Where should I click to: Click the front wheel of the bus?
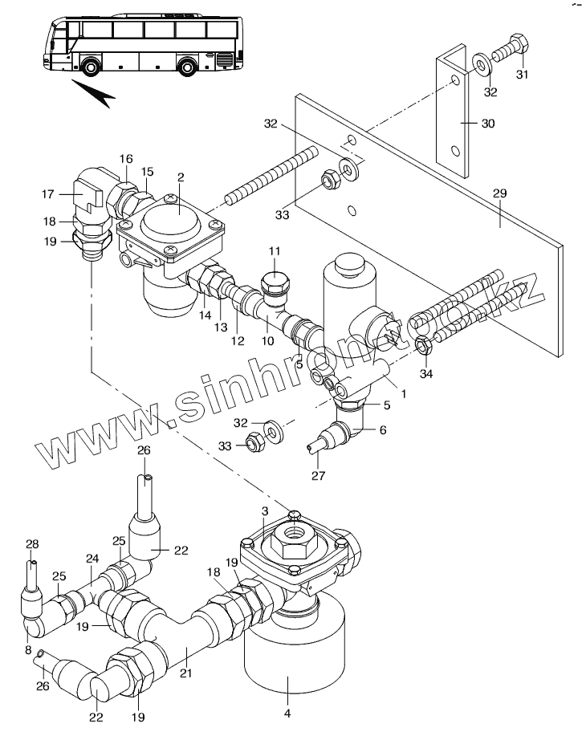(91, 66)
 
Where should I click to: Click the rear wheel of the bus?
(187, 66)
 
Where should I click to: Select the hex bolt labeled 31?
(511, 49)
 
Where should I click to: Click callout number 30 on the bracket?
(487, 124)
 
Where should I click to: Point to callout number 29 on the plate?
(499, 193)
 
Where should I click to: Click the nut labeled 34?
(423, 347)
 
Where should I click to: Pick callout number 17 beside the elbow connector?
(47, 194)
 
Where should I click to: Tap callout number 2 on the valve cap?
(181, 177)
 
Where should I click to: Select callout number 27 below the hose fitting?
(318, 475)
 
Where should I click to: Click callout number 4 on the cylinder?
(287, 714)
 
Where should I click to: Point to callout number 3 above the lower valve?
(265, 511)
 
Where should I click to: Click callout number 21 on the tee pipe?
(186, 673)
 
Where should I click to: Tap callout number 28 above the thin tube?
(32, 544)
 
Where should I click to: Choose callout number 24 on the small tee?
(92, 559)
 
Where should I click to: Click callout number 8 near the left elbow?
(28, 650)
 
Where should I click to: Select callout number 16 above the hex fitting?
(126, 159)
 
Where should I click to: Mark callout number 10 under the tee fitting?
(267, 341)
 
